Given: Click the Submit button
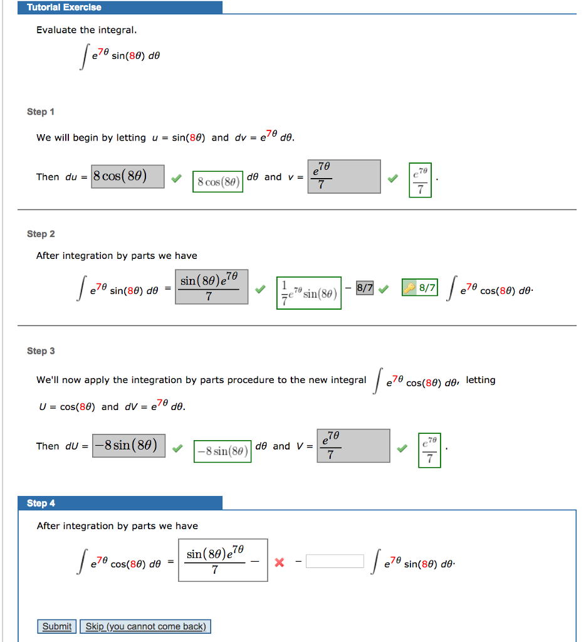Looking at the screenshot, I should tap(57, 626).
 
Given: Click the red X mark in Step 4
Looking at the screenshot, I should tap(280, 562).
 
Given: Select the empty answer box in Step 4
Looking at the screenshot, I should tap(335, 561).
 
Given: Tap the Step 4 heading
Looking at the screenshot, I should tap(41, 503).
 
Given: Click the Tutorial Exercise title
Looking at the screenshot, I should tap(64, 8).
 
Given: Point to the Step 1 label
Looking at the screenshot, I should tap(41, 112).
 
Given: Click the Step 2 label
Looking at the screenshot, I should tap(41, 234).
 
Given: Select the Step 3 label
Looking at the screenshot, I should tap(41, 351).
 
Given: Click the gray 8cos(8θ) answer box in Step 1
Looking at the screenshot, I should tap(128, 176).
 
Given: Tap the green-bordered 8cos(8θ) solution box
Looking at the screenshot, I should tap(217, 182).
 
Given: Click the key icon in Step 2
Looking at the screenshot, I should tap(410, 288).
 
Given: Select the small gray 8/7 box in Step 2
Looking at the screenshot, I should tap(365, 288).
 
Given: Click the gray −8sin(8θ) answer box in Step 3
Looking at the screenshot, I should tap(129, 446).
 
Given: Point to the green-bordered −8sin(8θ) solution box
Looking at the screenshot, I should tap(222, 451).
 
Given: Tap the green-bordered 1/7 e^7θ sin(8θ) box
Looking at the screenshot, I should tap(309, 293).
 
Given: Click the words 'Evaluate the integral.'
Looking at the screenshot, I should tap(86, 30).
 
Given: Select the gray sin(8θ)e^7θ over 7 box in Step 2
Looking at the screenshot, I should tap(212, 287).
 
